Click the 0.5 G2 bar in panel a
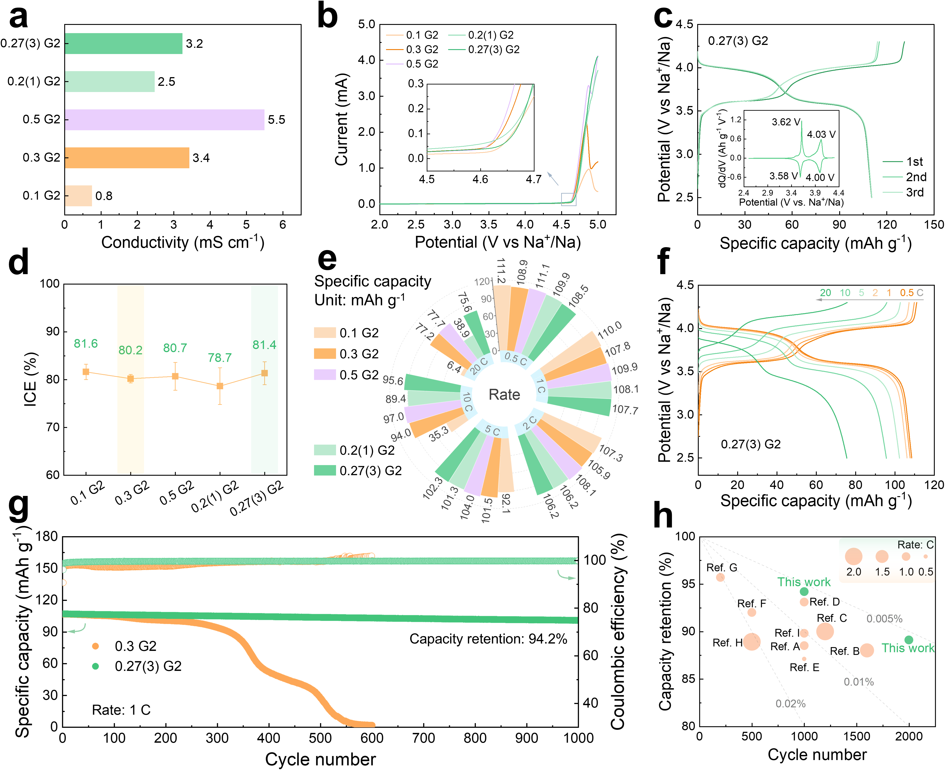(164, 120)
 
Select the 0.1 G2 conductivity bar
(78, 196)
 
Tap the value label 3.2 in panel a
(194, 44)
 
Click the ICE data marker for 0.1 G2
(86, 372)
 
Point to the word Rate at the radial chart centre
(504, 394)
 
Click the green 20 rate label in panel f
(825, 293)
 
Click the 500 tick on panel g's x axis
(320, 738)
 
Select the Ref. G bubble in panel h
(720, 577)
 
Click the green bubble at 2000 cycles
(909, 640)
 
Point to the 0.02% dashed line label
(790, 704)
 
